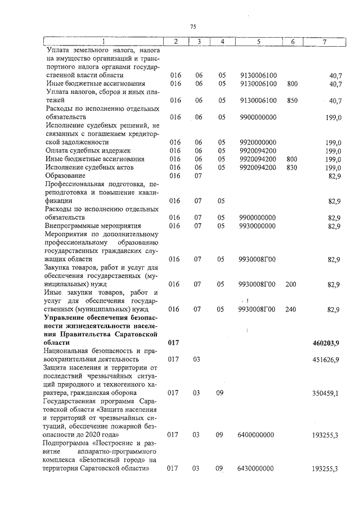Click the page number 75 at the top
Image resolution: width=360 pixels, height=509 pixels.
[x=193, y=26]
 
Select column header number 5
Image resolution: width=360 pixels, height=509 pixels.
[x=258, y=42]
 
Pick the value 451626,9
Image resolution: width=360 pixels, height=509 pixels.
[x=326, y=359]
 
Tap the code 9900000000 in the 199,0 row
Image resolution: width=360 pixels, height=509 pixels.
[x=258, y=117]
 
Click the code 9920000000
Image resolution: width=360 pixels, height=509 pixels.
[x=258, y=142]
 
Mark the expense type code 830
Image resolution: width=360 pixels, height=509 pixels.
[x=291, y=168]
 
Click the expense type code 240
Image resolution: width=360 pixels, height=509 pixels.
[x=291, y=309]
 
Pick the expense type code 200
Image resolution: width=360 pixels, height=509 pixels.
[x=291, y=285]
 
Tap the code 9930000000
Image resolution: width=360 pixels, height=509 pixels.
[x=258, y=226]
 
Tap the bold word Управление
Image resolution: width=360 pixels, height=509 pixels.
[x=69, y=318]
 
